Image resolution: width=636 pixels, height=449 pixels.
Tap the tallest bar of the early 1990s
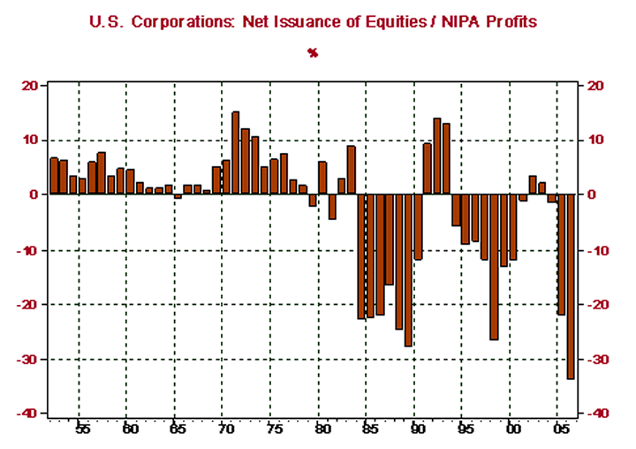[x=436, y=156]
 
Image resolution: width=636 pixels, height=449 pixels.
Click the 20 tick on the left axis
[x=30, y=86]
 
